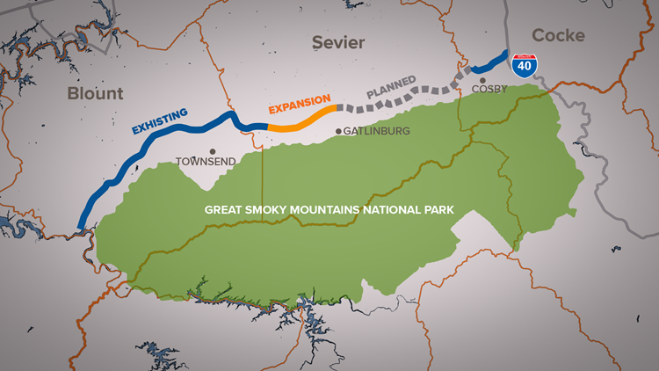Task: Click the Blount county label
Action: pyautogui.click(x=96, y=93)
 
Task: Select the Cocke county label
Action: pyautogui.click(x=559, y=35)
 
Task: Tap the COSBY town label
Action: pyautogui.click(x=489, y=90)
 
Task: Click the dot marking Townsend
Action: pyautogui.click(x=213, y=150)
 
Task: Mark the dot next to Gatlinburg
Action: pyautogui.click(x=339, y=132)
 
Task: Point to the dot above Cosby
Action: pyautogui.click(x=483, y=78)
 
